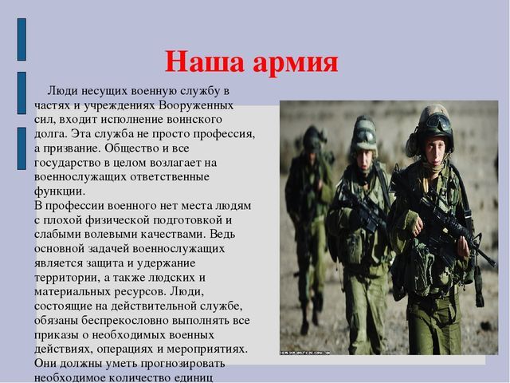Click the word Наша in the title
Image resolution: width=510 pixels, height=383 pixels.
204,62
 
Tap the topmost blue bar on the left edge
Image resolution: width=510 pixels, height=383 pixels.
22,39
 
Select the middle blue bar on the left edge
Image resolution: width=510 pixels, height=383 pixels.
22,93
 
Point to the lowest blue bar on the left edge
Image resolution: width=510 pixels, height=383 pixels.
22,148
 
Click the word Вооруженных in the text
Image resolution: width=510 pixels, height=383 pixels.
196,105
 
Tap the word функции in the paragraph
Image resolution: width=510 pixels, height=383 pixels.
59,191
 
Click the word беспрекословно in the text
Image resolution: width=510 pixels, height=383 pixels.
124,321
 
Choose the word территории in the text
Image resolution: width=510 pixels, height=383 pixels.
67,278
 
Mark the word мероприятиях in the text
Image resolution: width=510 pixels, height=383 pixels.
206,349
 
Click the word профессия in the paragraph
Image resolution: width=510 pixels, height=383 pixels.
224,134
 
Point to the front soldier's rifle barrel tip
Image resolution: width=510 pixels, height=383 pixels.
495,264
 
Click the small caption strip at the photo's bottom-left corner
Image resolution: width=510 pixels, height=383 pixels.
305,353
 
